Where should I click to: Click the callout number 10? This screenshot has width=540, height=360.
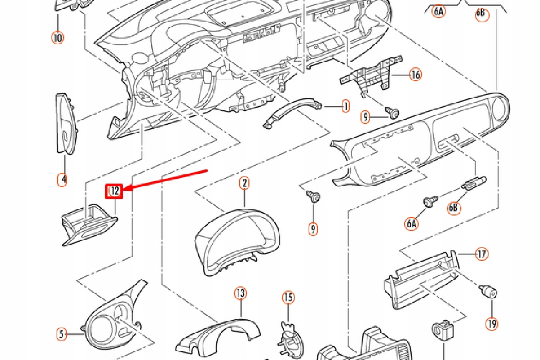[x=57, y=38]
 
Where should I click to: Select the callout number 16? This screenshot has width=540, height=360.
[x=416, y=75]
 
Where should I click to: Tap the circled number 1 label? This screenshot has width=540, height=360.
[x=345, y=106]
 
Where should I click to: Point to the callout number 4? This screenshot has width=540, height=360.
[x=62, y=179]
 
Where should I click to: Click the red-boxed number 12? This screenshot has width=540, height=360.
[x=114, y=191]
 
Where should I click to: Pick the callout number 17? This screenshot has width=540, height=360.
[x=481, y=254]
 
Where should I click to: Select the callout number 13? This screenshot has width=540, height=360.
[x=240, y=293]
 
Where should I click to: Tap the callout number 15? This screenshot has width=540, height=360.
[x=288, y=297]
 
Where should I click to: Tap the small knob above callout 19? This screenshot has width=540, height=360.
[x=489, y=293]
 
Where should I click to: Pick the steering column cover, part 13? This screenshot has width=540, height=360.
[x=216, y=337]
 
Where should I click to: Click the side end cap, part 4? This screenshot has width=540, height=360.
[x=65, y=124]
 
